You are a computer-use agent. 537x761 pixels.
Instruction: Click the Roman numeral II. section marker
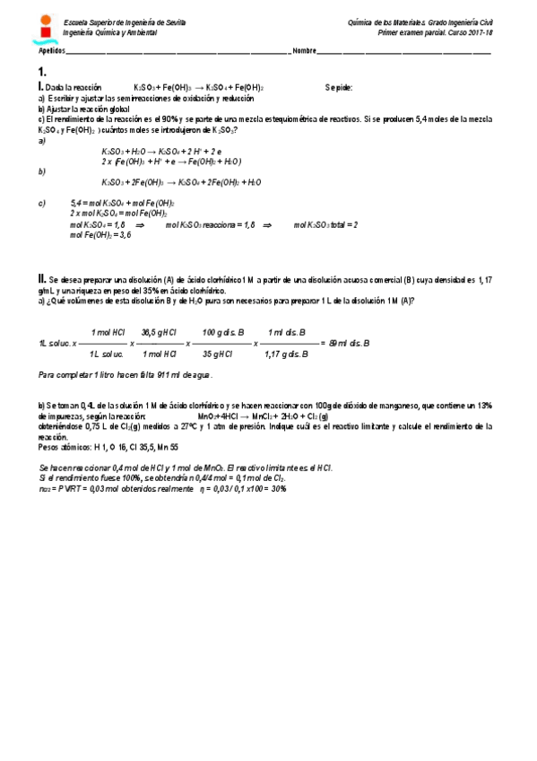[42, 278]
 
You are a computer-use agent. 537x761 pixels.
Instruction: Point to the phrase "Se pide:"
[339, 88]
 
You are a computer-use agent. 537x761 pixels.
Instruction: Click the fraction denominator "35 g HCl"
[221, 354]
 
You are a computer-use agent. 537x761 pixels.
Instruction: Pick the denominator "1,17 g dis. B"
[286, 354]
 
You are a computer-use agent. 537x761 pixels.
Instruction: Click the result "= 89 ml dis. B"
[345, 343]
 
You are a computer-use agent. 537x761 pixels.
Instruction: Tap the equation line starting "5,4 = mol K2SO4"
[122, 204]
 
